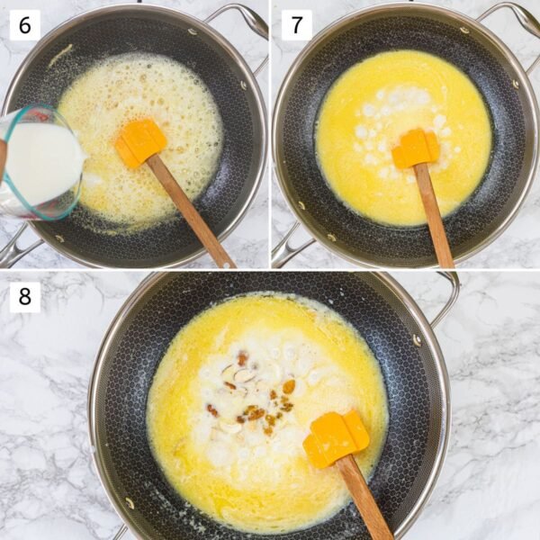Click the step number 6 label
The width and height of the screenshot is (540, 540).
click(24, 24)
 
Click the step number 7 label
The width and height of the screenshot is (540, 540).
click(296, 24)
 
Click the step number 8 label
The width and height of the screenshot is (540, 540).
click(24, 296)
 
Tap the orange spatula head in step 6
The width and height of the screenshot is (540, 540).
click(140, 143)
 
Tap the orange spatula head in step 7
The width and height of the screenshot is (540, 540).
click(415, 148)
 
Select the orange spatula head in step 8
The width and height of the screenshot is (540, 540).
click(336, 438)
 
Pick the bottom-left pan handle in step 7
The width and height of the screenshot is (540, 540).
click(286, 245)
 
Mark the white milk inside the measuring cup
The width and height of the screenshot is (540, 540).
click(40, 162)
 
